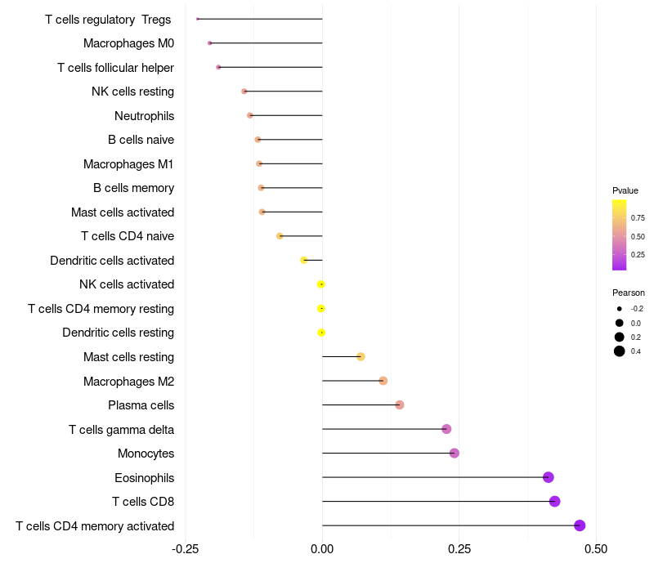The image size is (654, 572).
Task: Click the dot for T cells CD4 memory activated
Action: tap(580, 525)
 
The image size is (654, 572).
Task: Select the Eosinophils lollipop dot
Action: tap(549, 477)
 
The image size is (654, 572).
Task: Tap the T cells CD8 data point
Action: tap(555, 502)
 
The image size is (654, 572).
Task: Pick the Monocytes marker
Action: tap(455, 454)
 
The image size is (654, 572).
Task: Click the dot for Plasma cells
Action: tap(400, 405)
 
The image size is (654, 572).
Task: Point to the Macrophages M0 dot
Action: tap(210, 43)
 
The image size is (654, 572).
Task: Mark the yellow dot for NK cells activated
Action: tap(321, 284)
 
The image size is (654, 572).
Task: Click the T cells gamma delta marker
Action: tap(446, 429)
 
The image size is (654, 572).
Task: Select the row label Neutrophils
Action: tap(144, 116)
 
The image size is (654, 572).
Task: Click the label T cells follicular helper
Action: tap(115, 68)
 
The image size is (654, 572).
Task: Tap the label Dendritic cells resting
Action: tap(118, 333)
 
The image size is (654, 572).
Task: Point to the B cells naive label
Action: tap(141, 140)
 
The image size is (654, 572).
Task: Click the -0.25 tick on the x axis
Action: tap(186, 547)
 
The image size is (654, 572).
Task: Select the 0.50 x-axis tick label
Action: tap(596, 547)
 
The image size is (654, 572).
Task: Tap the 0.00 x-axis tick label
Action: tap(322, 547)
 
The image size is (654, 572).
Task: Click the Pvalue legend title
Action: tap(625, 190)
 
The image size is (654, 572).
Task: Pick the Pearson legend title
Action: tap(629, 293)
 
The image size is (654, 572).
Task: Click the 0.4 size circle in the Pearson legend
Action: tap(620, 351)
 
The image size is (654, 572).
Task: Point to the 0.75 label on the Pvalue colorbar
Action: tap(638, 218)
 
